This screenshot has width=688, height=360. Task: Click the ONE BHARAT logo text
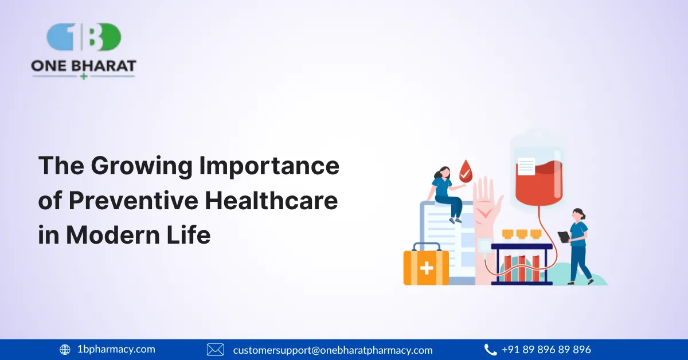(84, 66)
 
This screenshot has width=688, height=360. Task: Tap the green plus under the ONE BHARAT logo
(84, 76)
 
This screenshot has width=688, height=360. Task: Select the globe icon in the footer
(65, 349)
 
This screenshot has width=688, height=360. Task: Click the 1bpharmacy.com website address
(116, 349)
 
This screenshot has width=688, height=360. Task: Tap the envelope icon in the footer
(215, 349)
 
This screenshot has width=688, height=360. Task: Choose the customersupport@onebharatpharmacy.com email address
(333, 350)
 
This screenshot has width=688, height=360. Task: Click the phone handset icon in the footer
(490, 349)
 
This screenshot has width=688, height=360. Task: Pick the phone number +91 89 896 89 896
(546, 349)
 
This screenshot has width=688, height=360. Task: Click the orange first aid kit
(426, 266)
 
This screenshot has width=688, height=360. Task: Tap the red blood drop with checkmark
(466, 170)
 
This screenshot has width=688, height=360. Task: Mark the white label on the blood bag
(526, 166)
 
